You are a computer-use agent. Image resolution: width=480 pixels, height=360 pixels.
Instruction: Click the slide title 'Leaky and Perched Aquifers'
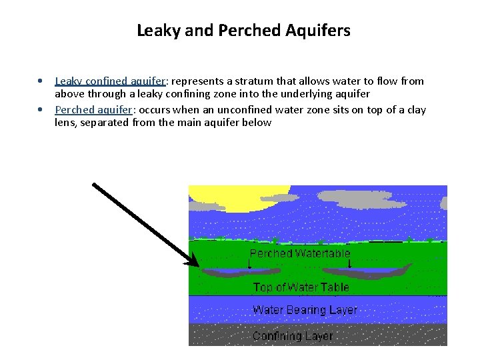243,31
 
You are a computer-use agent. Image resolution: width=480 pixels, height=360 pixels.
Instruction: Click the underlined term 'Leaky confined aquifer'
110,81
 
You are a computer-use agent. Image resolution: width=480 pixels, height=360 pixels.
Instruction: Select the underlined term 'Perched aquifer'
93,110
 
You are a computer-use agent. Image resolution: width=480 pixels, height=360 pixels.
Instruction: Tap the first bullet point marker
41,81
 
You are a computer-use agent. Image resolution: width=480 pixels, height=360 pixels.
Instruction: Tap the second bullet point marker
41,110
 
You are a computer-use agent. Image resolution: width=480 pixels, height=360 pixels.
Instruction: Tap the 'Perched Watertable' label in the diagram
299,254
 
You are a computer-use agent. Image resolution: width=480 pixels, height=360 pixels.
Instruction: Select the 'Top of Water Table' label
301,288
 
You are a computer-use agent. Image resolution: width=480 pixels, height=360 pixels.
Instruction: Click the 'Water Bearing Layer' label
305,310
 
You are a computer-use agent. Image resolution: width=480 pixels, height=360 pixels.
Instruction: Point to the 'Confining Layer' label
293,336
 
